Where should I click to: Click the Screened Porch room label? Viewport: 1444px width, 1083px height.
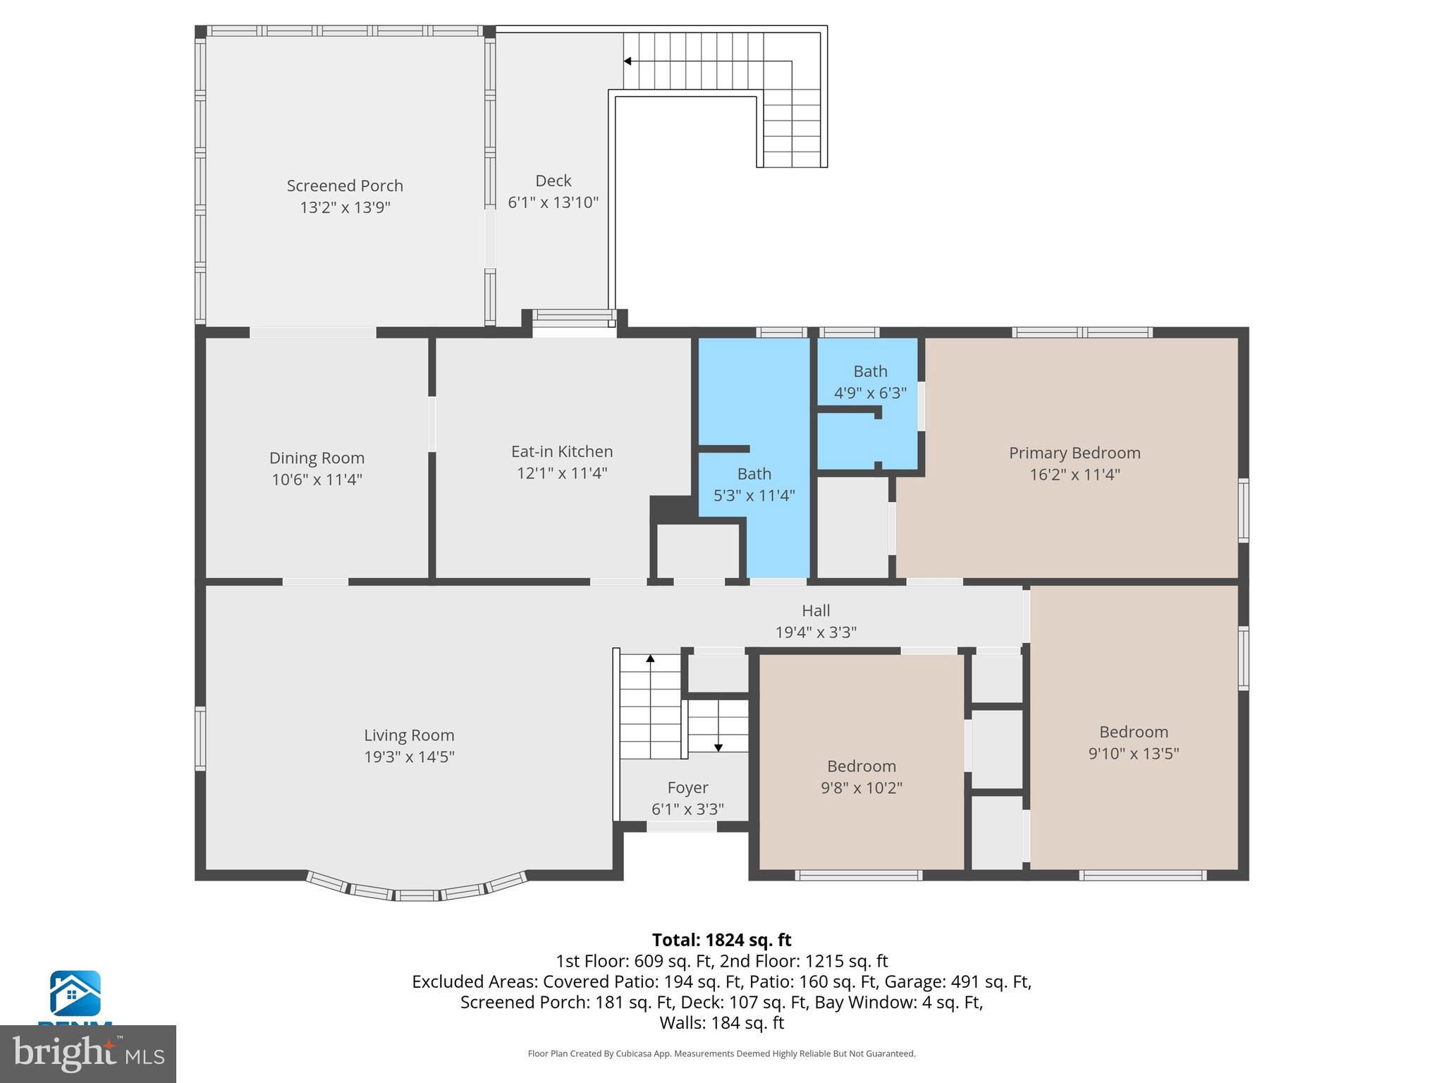[x=345, y=186]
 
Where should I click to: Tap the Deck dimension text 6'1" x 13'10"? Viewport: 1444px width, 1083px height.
[x=553, y=203]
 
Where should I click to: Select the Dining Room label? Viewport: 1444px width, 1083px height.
[x=317, y=458]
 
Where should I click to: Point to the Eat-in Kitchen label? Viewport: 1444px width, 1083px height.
[x=562, y=452]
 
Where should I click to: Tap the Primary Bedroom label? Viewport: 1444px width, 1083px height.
[x=1074, y=453]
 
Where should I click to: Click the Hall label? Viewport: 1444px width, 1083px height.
[x=816, y=611]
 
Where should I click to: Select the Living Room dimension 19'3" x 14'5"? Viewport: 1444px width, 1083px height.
[x=409, y=757]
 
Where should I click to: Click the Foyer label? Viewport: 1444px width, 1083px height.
[x=687, y=788]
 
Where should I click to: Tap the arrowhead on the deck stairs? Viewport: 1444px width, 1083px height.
[x=628, y=61]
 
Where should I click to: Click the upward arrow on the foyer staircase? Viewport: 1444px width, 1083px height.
[x=650, y=659]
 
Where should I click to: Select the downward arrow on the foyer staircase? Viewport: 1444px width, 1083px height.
[x=718, y=747]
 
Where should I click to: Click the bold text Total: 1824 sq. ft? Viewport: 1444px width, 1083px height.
[x=721, y=940]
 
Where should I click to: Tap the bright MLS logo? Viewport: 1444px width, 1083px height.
[x=88, y=1053]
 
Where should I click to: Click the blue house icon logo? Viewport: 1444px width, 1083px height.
[x=75, y=993]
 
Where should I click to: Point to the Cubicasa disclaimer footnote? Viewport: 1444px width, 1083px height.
[x=721, y=1053]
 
